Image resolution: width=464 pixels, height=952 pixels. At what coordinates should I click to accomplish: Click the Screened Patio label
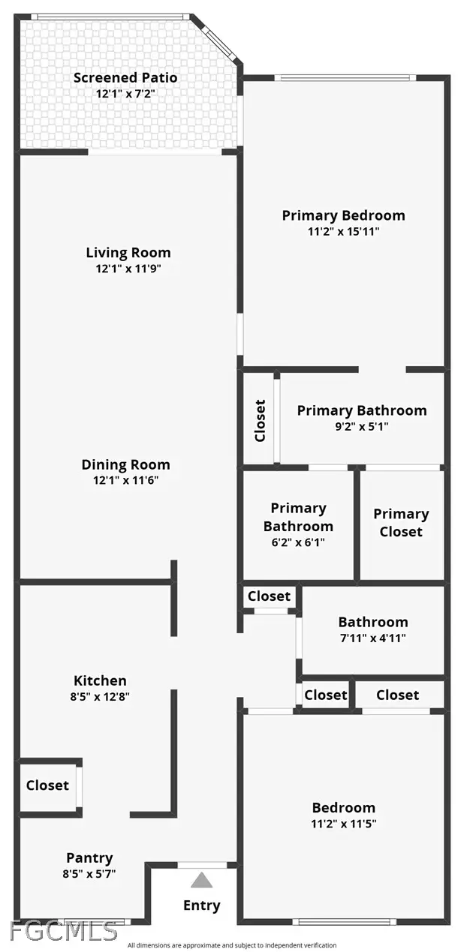[125, 78]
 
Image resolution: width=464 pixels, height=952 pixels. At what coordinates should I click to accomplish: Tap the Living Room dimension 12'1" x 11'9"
[128, 269]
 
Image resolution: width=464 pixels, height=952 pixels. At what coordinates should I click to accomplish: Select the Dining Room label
[126, 465]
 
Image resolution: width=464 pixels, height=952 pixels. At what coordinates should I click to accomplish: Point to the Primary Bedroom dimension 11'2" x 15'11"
[344, 232]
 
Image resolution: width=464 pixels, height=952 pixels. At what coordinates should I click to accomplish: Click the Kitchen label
[100, 680]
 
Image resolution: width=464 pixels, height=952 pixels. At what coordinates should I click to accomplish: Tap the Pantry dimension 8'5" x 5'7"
[89, 874]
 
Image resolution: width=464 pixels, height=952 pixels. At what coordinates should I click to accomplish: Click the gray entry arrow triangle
[201, 880]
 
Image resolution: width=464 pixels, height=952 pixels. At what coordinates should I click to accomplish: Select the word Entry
[201, 905]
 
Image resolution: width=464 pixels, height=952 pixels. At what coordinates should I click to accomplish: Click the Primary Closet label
[401, 523]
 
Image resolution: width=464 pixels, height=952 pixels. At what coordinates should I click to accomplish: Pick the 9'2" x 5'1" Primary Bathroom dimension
[362, 426]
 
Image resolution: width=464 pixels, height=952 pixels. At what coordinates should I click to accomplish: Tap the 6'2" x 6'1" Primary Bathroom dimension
[298, 542]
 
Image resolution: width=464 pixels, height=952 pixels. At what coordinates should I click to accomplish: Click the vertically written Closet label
[260, 420]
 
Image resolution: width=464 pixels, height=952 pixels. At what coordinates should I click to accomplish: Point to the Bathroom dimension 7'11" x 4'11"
[373, 638]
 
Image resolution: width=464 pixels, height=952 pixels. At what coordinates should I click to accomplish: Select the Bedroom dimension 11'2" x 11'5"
[344, 824]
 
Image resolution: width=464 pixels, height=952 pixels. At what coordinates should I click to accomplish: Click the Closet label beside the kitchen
[47, 785]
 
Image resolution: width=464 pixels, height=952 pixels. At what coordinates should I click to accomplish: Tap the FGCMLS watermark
[63, 931]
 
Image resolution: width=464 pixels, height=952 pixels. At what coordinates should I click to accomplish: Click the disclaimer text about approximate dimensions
[232, 946]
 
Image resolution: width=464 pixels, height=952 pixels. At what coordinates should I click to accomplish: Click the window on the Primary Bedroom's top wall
[345, 78]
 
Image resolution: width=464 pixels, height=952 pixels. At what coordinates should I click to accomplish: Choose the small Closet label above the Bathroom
[270, 596]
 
